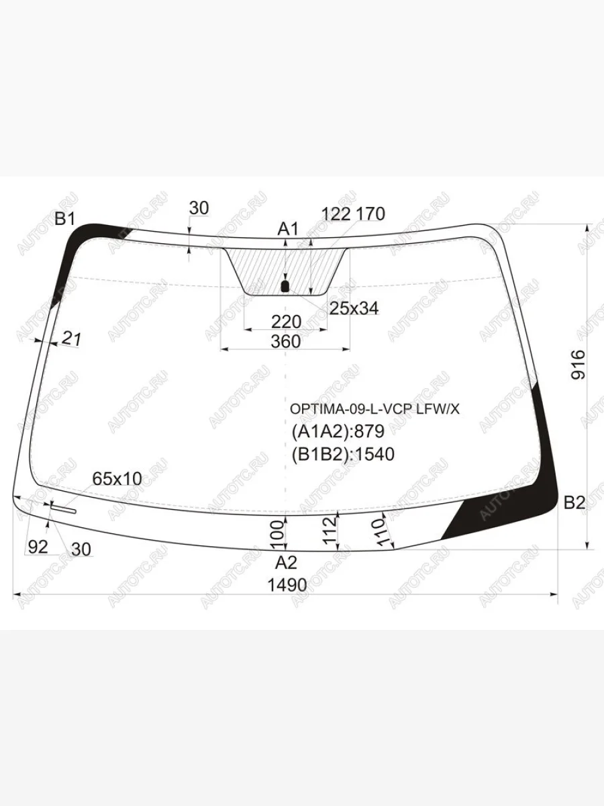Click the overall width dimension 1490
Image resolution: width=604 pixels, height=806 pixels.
pyautogui.click(x=287, y=585)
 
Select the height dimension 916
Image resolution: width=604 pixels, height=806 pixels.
pyautogui.click(x=578, y=365)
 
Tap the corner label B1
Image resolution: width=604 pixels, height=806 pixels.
pyautogui.click(x=66, y=219)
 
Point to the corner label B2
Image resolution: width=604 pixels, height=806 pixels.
pyautogui.click(x=574, y=502)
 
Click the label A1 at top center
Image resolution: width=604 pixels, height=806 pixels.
pyautogui.click(x=288, y=230)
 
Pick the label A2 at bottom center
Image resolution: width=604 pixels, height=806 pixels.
pyautogui.click(x=286, y=562)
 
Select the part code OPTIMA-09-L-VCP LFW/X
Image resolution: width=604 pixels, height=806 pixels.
pyautogui.click(x=375, y=408)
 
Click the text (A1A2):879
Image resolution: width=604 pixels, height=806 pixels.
pyautogui.click(x=338, y=431)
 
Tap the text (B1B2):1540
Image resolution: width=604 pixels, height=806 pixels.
pyautogui.click(x=343, y=455)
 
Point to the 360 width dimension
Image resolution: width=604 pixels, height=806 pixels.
pyautogui.click(x=286, y=341)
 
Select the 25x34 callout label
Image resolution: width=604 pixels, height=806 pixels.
pyautogui.click(x=354, y=308)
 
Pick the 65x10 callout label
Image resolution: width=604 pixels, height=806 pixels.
pyautogui.click(x=117, y=479)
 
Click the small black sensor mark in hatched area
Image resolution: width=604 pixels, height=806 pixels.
pyautogui.click(x=284, y=287)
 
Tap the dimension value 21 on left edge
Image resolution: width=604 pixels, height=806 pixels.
pyautogui.click(x=71, y=339)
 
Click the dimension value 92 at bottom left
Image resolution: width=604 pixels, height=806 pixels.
pyautogui.click(x=39, y=547)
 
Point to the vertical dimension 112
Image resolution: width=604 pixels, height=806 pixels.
pyautogui.click(x=328, y=532)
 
